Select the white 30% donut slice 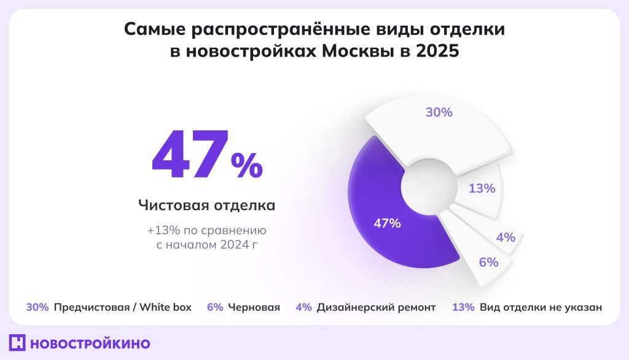pos(439,126)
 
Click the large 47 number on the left pos(188,157)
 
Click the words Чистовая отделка pos(206,205)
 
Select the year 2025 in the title pos(437,52)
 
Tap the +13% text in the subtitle pos(161,231)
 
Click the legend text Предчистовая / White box pos(123,307)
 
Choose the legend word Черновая pos(254,307)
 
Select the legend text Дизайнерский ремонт pos(376,307)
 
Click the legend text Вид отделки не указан pos(541,307)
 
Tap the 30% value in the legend pos(37,307)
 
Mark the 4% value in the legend pos(303,307)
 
